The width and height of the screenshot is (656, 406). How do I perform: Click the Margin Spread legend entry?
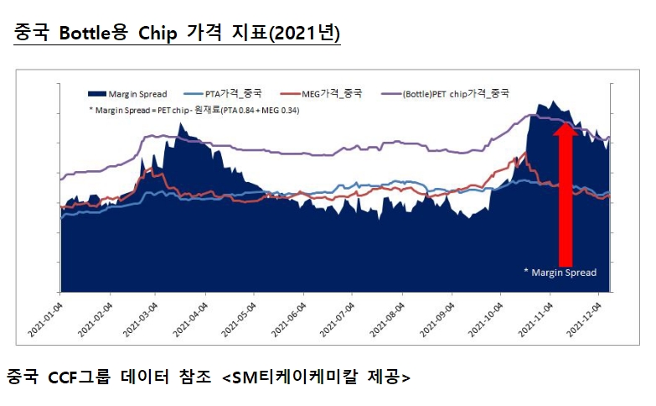[x=138, y=94]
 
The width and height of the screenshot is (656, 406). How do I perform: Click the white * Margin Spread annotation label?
[x=560, y=273]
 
